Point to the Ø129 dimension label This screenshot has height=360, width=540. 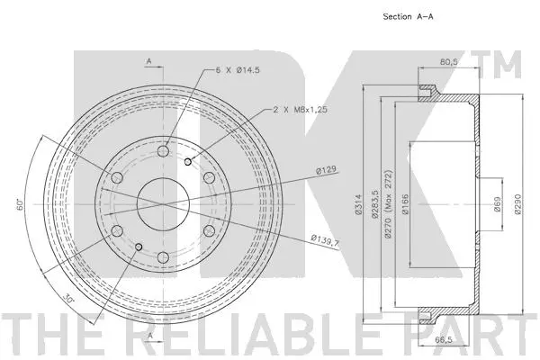325,170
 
